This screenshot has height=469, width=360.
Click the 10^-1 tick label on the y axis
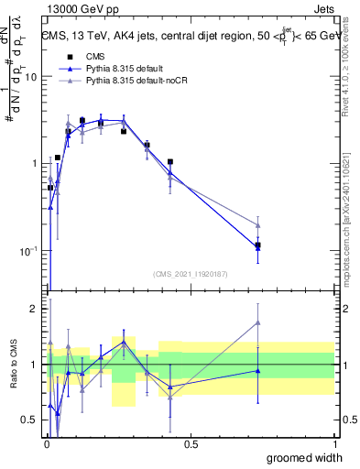click(x=27, y=250)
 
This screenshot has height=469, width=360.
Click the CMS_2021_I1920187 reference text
click(x=190, y=273)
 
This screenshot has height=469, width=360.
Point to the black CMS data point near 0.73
click(x=258, y=245)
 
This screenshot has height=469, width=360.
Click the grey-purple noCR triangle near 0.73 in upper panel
click(x=258, y=224)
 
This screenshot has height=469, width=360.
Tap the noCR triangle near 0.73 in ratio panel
click(x=258, y=322)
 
